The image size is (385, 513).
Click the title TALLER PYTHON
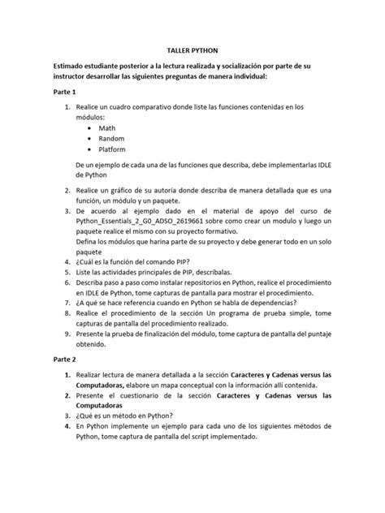pos(192,50)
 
